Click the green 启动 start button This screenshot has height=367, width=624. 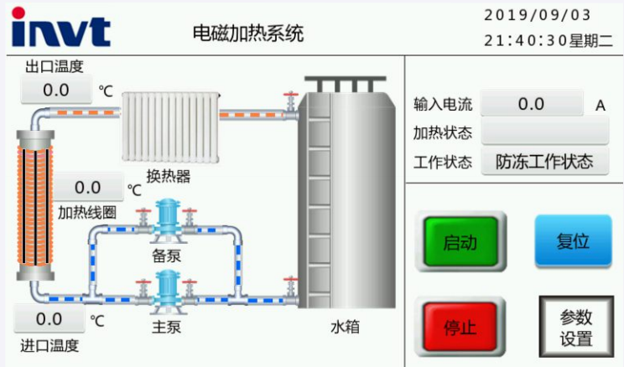(x=460, y=243)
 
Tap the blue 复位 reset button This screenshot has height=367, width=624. (x=573, y=241)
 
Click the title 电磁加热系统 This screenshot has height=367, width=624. (x=247, y=33)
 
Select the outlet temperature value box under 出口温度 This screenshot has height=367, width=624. (x=55, y=90)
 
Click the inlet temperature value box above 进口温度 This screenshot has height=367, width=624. (x=49, y=319)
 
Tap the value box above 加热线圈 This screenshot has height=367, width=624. (x=88, y=187)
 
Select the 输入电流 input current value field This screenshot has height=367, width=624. (x=532, y=104)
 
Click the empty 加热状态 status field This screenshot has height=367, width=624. (x=544, y=132)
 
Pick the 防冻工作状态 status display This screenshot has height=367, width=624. (x=544, y=161)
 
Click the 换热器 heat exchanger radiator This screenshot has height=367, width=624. (x=170, y=127)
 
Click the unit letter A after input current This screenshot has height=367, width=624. (x=600, y=106)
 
